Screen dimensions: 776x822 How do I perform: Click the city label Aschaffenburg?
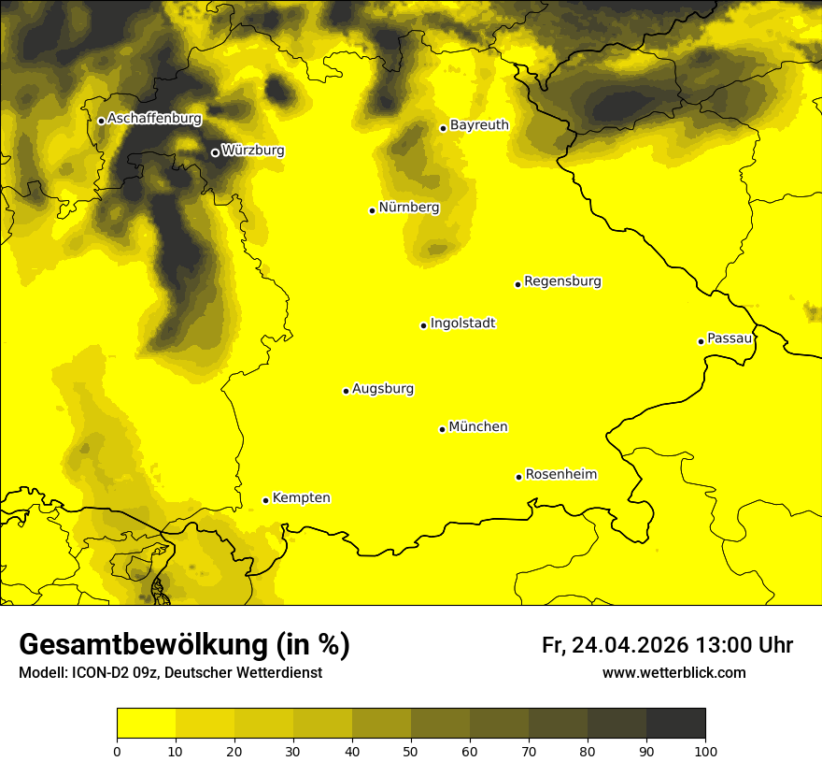pos(154,119)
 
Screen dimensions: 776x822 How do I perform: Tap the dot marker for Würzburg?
pos(215,152)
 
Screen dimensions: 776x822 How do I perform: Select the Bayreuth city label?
pos(479,125)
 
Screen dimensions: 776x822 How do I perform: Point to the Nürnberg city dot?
pos(372,210)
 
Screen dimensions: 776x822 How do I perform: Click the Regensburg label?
pos(562,281)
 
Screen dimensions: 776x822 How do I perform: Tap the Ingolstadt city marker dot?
pos(423,325)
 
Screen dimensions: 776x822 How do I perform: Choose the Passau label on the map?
pos(730,338)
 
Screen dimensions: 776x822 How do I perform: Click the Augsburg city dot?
pos(346,391)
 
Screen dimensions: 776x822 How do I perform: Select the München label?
pos(478,427)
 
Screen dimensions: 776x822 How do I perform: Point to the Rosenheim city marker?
pos(518,477)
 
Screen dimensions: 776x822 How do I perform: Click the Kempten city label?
pos(301,498)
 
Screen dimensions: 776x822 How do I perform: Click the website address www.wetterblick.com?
pos(673,673)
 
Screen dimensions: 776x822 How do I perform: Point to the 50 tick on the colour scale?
pos(411,751)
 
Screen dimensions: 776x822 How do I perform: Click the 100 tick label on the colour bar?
pos(705,751)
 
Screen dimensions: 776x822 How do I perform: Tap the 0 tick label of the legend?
pos(117,751)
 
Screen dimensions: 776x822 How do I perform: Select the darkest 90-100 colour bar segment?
pos(675,724)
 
